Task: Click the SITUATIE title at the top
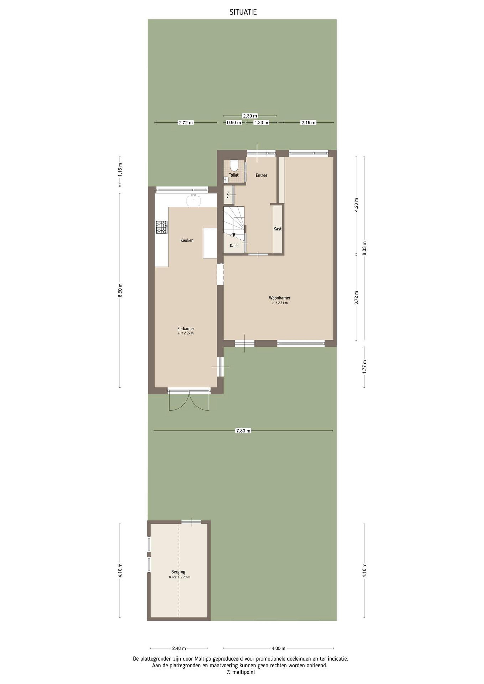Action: (x=243, y=12)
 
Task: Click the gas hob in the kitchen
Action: (x=161, y=227)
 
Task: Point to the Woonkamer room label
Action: (x=280, y=298)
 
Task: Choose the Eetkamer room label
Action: (x=186, y=329)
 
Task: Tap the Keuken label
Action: (x=187, y=240)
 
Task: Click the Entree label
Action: (x=261, y=176)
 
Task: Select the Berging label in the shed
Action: (x=178, y=572)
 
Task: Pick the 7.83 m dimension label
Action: (x=243, y=431)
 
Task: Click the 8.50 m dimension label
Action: (x=120, y=290)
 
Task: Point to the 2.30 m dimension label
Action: (x=250, y=116)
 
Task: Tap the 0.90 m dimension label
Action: (x=234, y=123)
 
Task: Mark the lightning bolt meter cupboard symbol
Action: (x=228, y=195)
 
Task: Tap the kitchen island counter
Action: (x=210, y=243)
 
